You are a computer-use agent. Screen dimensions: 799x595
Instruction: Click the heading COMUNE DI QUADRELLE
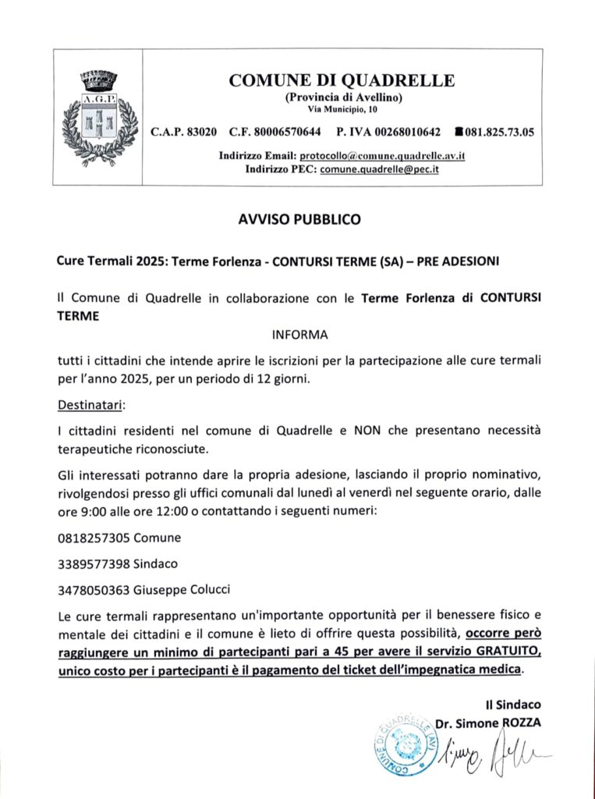click(342, 80)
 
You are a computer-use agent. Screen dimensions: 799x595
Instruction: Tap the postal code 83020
click(201, 132)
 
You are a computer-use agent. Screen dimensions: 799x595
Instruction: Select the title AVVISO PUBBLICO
click(299, 220)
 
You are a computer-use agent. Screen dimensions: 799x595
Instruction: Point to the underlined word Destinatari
click(90, 406)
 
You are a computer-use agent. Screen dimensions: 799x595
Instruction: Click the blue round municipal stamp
click(404, 742)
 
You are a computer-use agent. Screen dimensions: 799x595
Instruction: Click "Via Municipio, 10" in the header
click(342, 110)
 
